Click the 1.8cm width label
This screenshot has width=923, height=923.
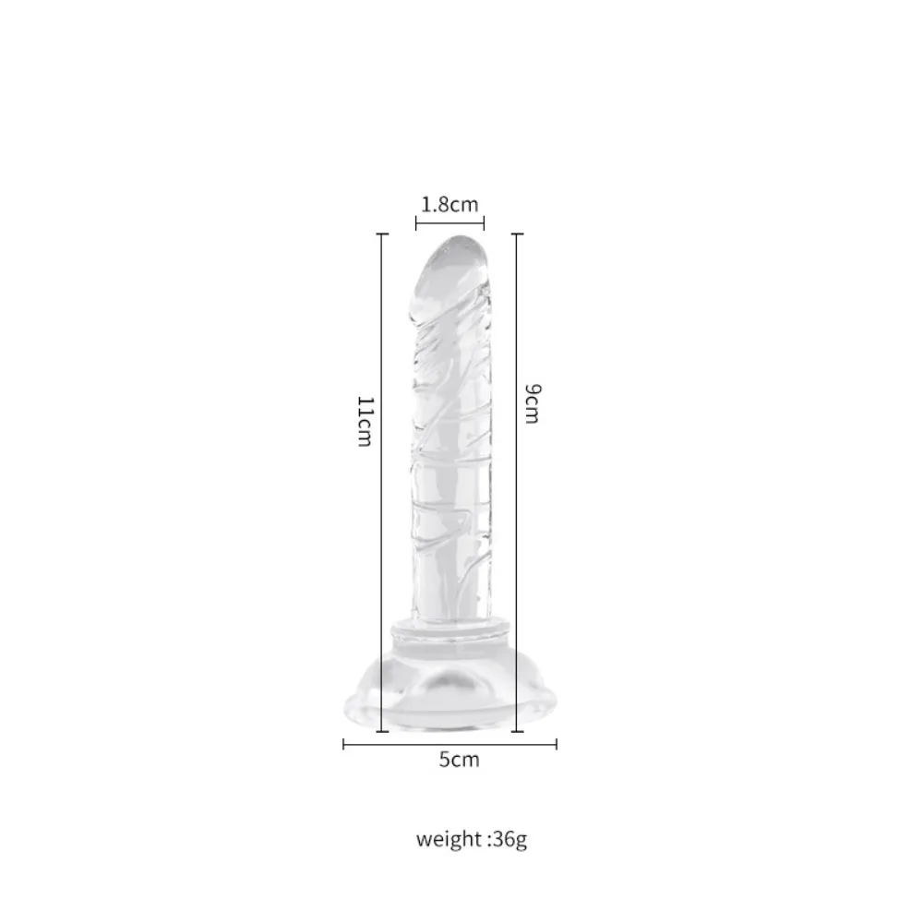450,205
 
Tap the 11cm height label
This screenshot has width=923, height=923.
366,422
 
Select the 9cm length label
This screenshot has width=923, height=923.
532,403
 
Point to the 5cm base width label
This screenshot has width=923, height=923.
459,760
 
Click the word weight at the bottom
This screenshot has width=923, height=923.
450,839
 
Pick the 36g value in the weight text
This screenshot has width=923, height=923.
509,839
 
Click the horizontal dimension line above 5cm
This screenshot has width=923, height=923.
450,745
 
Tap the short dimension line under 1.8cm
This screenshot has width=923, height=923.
450,223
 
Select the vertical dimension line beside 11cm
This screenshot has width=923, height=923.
382,483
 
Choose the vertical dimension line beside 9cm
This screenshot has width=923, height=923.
517,483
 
